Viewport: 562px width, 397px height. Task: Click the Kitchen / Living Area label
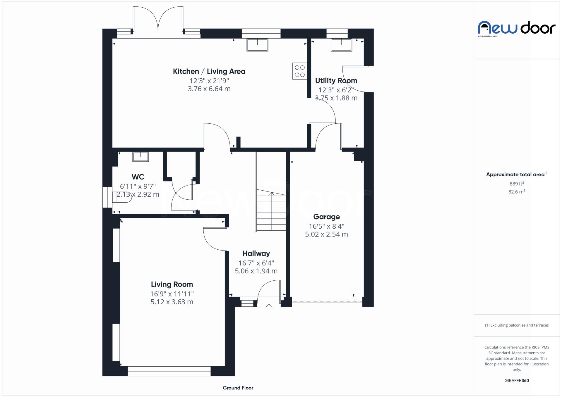click(209, 71)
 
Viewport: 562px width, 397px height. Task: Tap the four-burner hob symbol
click(299, 71)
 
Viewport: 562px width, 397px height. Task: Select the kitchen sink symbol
click(257, 45)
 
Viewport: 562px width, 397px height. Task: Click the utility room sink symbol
click(341, 45)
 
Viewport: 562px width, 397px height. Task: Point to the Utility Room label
click(336, 81)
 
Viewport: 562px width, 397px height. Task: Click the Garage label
click(326, 217)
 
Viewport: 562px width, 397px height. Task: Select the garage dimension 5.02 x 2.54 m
click(326, 234)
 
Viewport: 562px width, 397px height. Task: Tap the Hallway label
click(256, 254)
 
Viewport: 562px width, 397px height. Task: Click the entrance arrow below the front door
click(269, 307)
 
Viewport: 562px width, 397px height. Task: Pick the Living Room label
click(172, 284)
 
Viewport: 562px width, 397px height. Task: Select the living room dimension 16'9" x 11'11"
click(172, 294)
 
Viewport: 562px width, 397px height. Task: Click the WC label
click(138, 177)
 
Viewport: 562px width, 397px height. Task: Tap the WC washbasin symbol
click(140, 157)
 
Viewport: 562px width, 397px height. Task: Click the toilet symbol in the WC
click(121, 197)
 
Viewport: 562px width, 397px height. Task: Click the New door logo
click(516, 28)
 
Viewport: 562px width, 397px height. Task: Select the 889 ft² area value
click(516, 184)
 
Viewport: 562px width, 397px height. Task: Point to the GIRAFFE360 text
click(516, 381)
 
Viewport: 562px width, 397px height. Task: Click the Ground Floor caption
click(238, 388)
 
